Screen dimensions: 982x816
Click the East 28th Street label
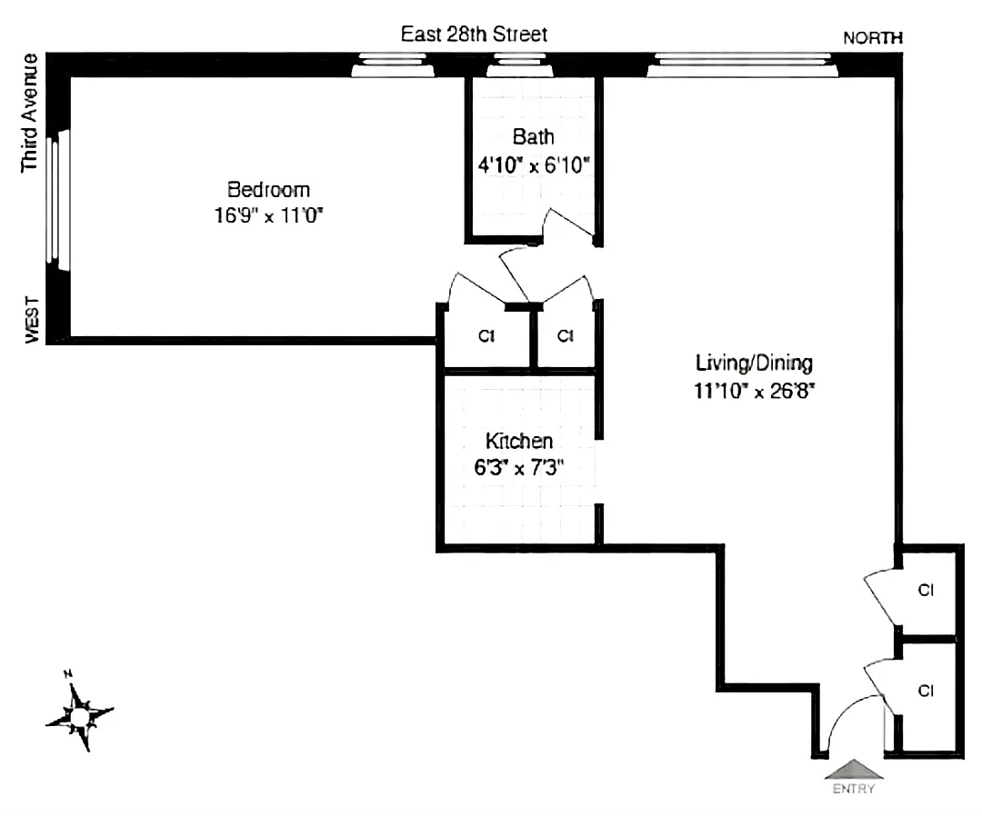pos(475,35)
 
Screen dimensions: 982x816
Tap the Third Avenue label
pos(30,113)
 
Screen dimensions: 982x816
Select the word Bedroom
pos(268,190)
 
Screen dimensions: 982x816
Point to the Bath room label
pos(533,138)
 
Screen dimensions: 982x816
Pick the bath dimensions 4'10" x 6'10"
pos(535,165)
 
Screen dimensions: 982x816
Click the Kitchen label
pos(518,442)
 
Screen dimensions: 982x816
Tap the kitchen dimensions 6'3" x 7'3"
pos(518,468)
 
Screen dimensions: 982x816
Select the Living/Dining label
pos(753,363)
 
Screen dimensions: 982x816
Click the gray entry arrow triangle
pos(853,770)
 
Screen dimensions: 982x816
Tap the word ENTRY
pos(853,789)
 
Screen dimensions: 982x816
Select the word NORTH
pos(873,38)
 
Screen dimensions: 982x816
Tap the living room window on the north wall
pos(743,65)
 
